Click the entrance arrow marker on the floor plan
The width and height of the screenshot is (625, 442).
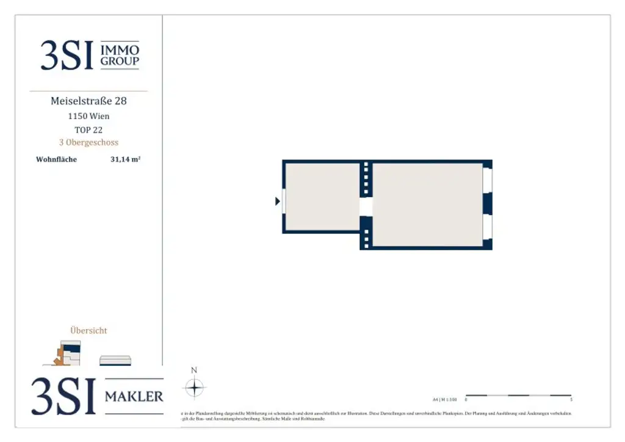(278, 201)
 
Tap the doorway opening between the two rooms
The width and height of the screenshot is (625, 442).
(366, 206)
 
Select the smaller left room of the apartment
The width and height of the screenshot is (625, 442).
(322, 197)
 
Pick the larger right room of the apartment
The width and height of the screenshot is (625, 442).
(427, 205)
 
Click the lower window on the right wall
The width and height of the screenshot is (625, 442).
(487, 226)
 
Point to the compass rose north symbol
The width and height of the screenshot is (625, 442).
(194, 388)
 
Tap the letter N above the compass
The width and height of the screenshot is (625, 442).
(194, 370)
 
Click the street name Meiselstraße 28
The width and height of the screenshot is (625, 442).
(89, 101)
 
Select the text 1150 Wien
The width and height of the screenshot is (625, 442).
(89, 116)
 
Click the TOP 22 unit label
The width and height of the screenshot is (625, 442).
(89, 129)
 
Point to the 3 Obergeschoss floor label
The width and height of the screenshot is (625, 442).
(89, 142)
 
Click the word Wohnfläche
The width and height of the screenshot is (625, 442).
(56, 159)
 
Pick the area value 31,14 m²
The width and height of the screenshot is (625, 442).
(126, 159)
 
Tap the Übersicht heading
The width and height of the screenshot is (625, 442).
(89, 330)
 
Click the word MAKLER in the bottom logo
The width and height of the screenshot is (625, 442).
(134, 396)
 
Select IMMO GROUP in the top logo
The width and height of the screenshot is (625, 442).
(120, 55)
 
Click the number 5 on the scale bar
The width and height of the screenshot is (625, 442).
(571, 400)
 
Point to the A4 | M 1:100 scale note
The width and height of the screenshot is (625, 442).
(444, 400)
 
